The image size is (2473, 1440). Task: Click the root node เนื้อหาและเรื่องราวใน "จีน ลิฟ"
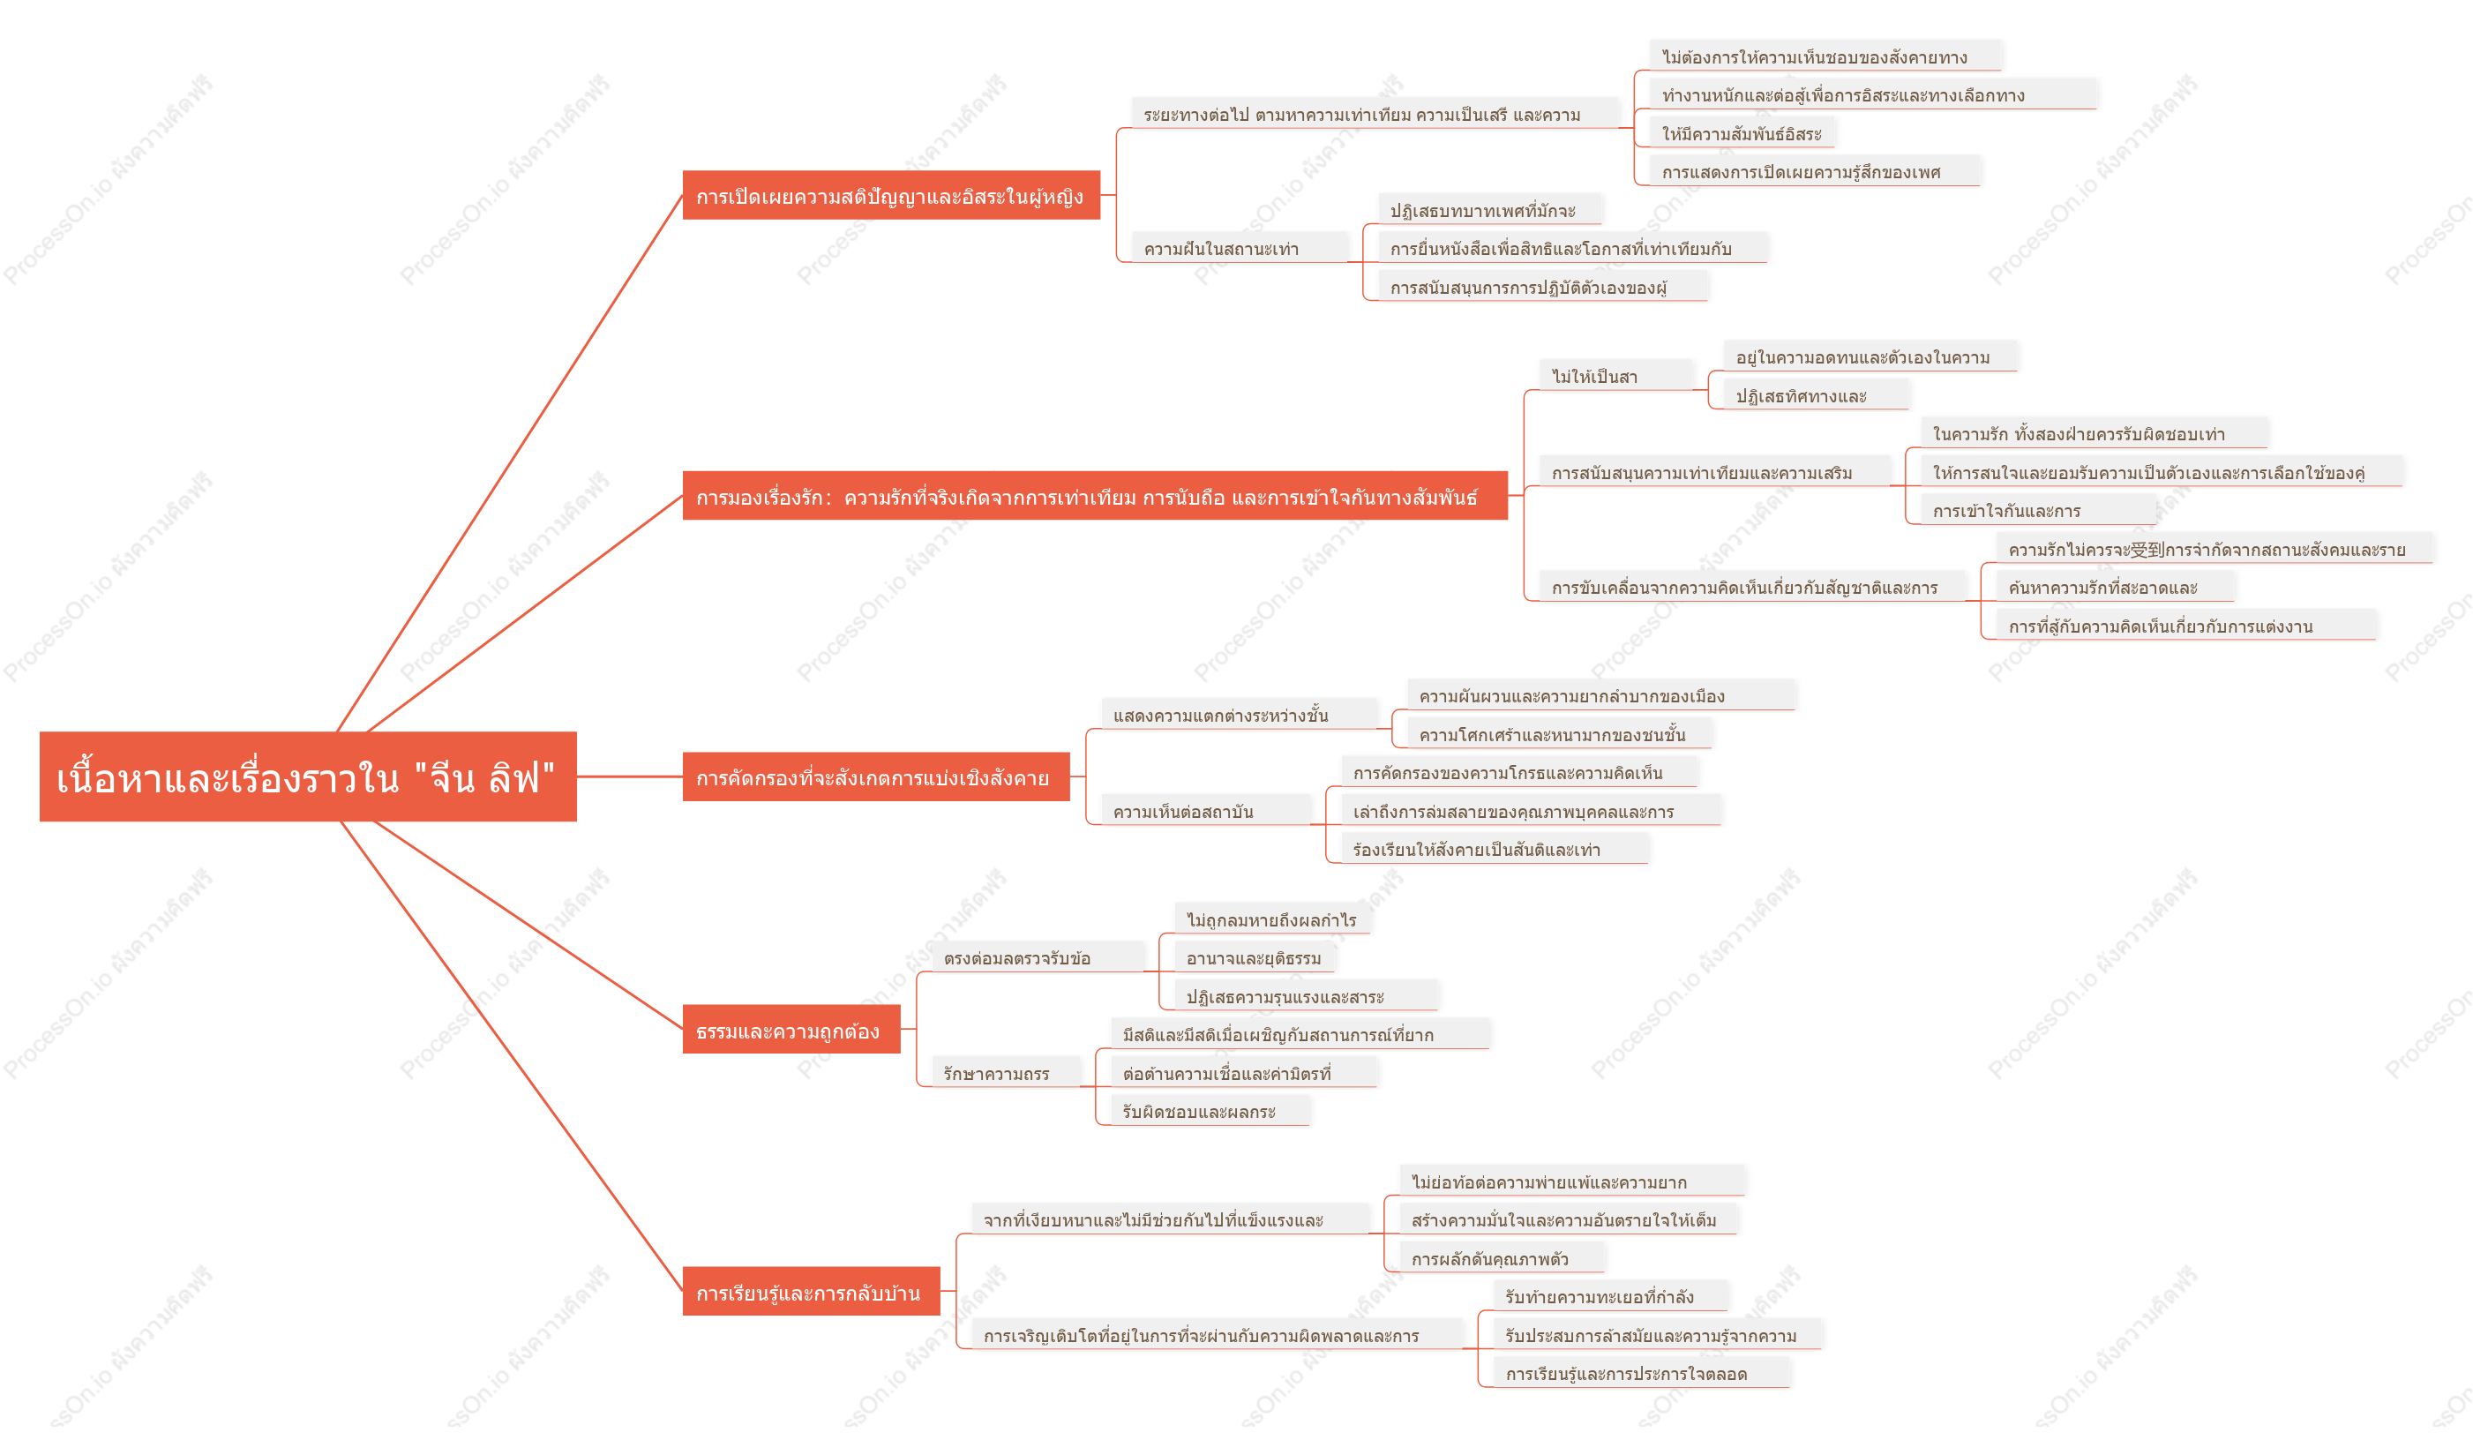pyautogui.click(x=307, y=776)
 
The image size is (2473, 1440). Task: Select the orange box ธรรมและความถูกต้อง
pyautogui.click(x=791, y=1030)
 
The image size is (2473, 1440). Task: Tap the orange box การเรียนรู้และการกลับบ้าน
pyautogui.click(x=811, y=1292)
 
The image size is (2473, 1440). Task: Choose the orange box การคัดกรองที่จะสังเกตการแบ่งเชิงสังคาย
pyautogui.click(x=875, y=777)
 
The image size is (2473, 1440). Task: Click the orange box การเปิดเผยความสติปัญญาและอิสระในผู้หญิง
pyautogui.click(x=891, y=195)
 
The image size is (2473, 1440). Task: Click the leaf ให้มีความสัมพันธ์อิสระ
pyautogui.click(x=1742, y=133)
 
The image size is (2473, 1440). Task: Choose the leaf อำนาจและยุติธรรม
pyautogui.click(x=1255, y=958)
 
